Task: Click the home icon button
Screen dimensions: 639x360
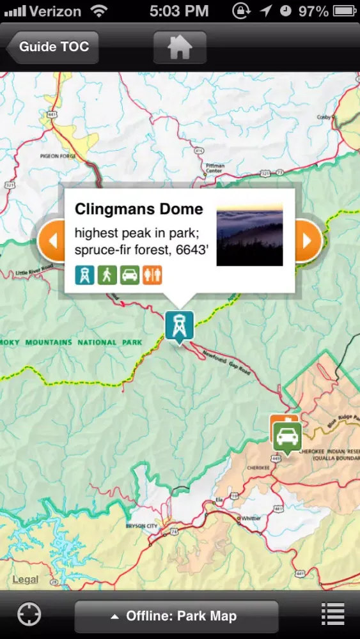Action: point(180,47)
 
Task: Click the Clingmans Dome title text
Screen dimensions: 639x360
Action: point(139,209)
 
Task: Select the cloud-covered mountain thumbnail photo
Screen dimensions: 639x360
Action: point(249,235)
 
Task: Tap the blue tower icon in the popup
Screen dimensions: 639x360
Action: point(84,275)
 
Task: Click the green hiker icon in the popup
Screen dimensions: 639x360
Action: point(107,275)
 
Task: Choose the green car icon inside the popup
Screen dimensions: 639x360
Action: point(129,275)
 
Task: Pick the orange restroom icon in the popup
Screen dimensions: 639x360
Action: point(152,275)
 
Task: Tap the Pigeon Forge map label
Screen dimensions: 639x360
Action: point(58,155)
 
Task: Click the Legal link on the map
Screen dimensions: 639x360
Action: point(25,580)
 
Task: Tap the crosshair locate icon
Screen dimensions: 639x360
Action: point(29,615)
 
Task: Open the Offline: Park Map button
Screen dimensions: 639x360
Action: point(176,616)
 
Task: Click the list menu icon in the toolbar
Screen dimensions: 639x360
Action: point(333,615)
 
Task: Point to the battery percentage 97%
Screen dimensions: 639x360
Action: point(313,11)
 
